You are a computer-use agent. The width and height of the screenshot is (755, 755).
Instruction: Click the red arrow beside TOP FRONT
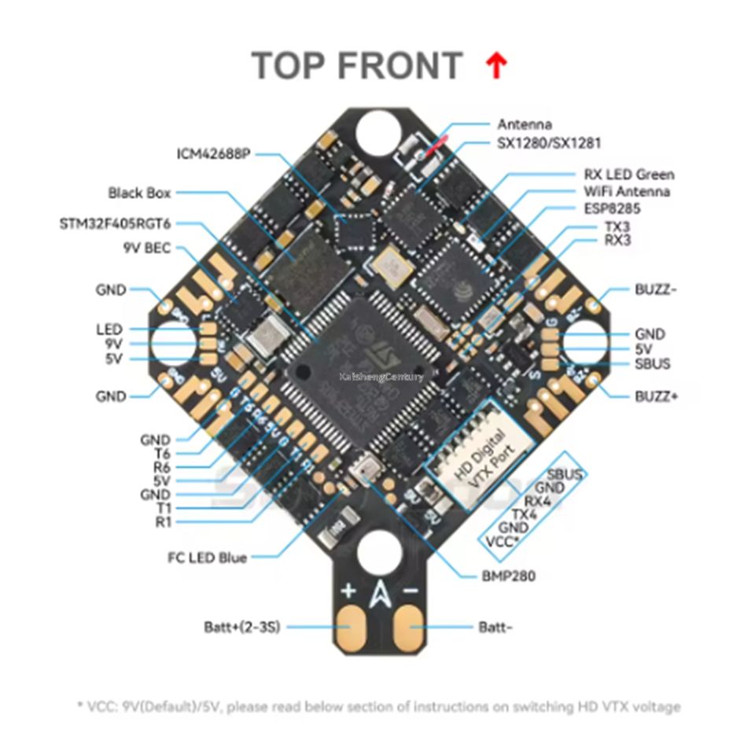coord(495,66)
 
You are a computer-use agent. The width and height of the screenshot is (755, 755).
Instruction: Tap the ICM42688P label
coord(212,154)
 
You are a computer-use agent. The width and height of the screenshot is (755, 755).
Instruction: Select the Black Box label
coord(139,192)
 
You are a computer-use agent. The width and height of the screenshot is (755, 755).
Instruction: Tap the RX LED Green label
coord(628,175)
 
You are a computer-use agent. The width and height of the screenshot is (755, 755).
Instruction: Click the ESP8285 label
coord(612,208)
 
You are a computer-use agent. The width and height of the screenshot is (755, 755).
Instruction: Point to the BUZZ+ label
coord(657,396)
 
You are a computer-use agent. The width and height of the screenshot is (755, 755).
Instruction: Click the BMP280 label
coord(508,576)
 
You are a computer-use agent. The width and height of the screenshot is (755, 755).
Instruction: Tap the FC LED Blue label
coord(207,558)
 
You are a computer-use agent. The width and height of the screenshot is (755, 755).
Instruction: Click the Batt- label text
coord(497,627)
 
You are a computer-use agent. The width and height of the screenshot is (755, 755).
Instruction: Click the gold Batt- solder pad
coord(411,627)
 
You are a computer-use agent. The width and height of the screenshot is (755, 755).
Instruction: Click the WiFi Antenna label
coord(627,191)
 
